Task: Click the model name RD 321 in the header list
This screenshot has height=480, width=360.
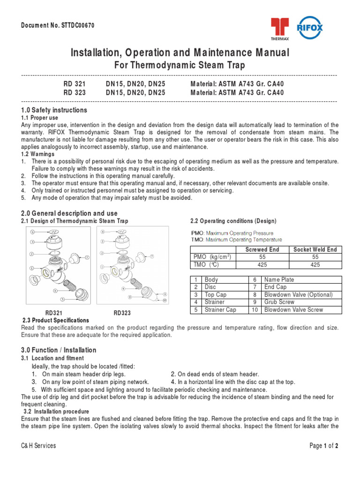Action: click(x=75, y=84)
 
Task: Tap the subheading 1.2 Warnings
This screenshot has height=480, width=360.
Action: click(x=37, y=154)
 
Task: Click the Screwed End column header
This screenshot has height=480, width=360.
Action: click(x=262, y=250)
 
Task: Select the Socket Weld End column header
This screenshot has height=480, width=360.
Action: click(x=315, y=250)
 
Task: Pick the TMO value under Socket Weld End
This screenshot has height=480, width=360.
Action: click(x=315, y=264)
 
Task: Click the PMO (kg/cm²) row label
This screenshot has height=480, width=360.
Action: click(x=212, y=257)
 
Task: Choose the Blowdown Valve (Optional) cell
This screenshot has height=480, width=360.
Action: click(x=298, y=295)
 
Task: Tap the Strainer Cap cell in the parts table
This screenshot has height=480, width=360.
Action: click(x=220, y=310)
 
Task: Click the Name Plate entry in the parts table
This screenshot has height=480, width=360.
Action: click(x=279, y=280)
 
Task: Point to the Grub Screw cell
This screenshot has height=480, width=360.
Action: click(x=279, y=302)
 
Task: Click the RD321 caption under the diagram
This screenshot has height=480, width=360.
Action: click(x=54, y=313)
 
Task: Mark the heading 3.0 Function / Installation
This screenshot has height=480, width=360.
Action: click(x=59, y=350)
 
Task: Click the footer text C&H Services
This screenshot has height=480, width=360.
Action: click(x=38, y=446)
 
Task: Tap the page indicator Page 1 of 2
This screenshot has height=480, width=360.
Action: click(x=324, y=446)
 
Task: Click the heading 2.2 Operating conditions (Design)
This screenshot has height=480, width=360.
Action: click(x=233, y=221)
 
